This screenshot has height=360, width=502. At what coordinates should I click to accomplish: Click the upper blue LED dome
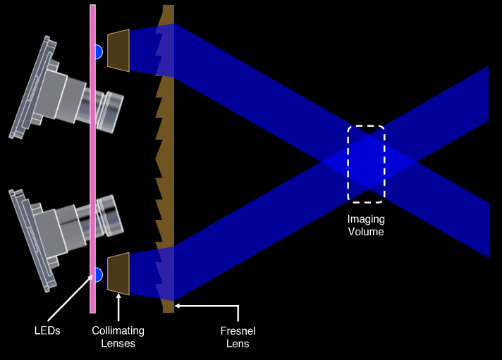(x=99, y=51)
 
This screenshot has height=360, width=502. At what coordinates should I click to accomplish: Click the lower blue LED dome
(x=99, y=274)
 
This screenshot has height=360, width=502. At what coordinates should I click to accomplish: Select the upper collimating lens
(x=118, y=50)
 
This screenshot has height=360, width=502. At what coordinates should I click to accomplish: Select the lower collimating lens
(x=118, y=273)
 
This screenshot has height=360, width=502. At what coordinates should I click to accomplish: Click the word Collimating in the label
(x=118, y=330)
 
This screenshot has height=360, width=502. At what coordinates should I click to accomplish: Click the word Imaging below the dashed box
(x=366, y=219)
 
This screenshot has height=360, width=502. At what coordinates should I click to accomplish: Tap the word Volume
(x=366, y=230)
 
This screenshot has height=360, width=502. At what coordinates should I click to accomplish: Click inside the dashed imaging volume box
(x=366, y=162)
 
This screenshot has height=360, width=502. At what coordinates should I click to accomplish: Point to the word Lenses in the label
(x=118, y=343)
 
